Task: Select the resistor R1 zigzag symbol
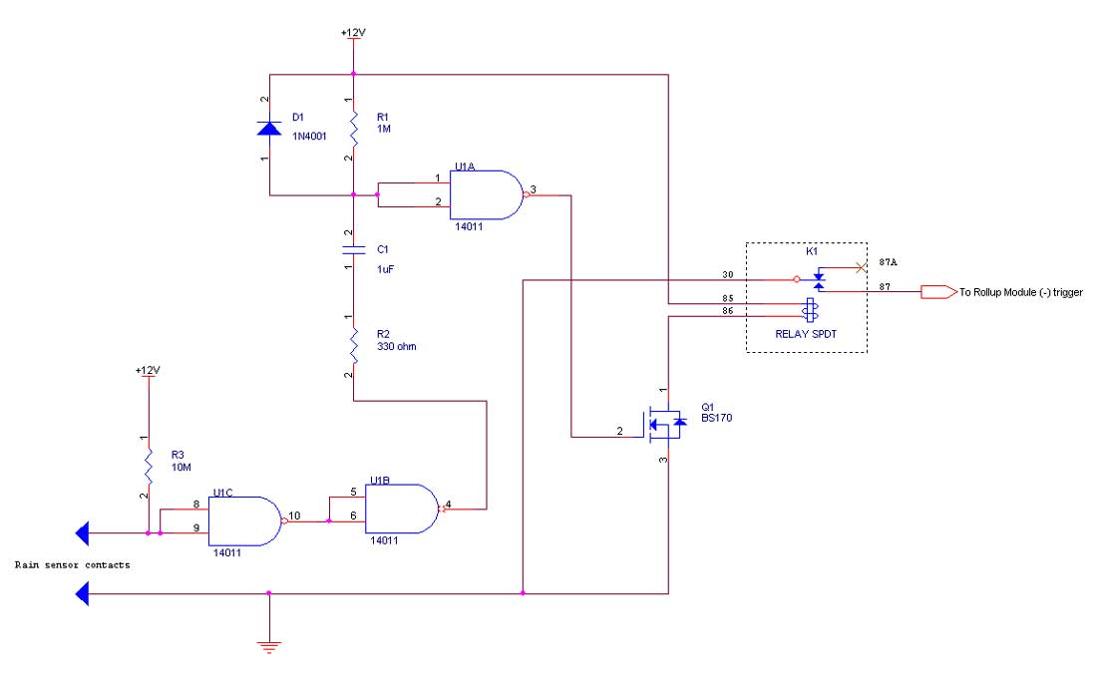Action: (x=353, y=128)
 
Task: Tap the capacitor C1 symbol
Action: (x=353, y=249)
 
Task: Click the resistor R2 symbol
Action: (x=353, y=345)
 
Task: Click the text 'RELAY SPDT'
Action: (x=807, y=335)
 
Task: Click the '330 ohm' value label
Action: (x=397, y=346)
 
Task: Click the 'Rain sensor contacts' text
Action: (x=72, y=564)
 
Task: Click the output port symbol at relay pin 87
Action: (x=936, y=292)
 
